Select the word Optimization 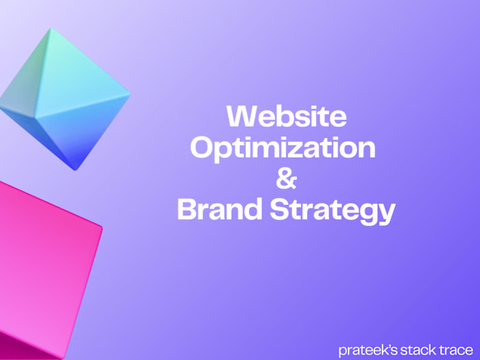click(x=283, y=148)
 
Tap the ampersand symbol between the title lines click(x=286, y=180)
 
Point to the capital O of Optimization click(x=203, y=147)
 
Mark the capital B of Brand click(x=189, y=210)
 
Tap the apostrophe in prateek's click(x=383, y=346)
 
